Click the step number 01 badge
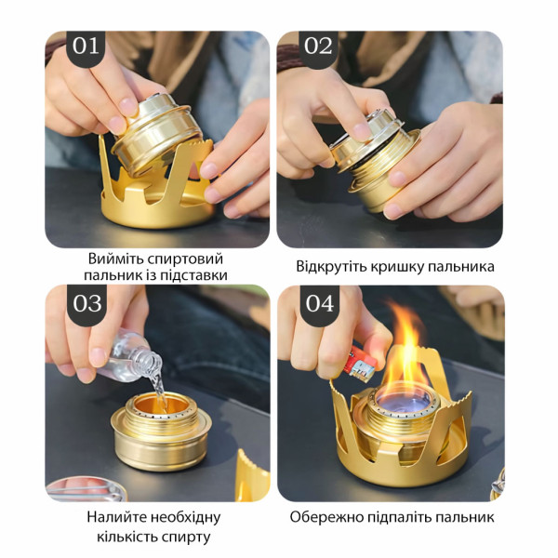86,46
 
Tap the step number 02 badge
318,46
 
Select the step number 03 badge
86,303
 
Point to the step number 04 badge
320,303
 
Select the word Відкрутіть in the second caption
330,267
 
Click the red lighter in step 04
360,365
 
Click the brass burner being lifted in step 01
156,132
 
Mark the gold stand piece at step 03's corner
253,476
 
